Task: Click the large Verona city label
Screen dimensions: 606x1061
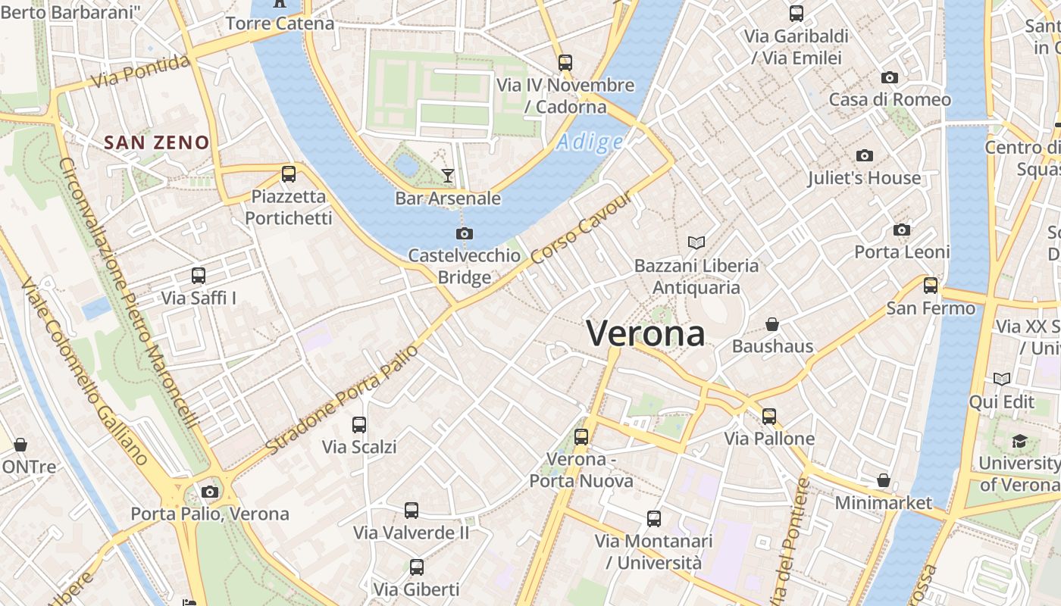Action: pyautogui.click(x=646, y=334)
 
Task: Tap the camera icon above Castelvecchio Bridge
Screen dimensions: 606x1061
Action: pyautogui.click(x=465, y=233)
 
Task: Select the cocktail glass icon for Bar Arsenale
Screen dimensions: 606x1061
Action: pyautogui.click(x=448, y=176)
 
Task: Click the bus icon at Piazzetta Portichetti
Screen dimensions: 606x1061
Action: pyautogui.click(x=289, y=174)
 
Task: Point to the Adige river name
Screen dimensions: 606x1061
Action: pyautogui.click(x=590, y=142)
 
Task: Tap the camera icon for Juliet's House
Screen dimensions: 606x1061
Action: pyautogui.click(x=864, y=156)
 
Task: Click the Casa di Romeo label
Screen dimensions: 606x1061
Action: pyautogui.click(x=890, y=99)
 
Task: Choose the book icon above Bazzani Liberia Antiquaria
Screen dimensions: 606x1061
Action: pyautogui.click(x=696, y=242)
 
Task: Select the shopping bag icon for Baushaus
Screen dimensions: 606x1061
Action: pyautogui.click(x=772, y=324)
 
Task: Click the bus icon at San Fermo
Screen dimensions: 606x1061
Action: pyautogui.click(x=931, y=286)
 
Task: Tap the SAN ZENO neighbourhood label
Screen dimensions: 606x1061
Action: pyautogui.click(x=156, y=142)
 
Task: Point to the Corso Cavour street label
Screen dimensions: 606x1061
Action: pyautogui.click(x=581, y=228)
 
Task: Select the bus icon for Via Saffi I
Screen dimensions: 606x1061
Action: pyautogui.click(x=199, y=276)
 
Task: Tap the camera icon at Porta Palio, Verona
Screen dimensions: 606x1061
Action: pyautogui.click(x=210, y=492)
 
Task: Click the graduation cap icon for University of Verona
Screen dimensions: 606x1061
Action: pyautogui.click(x=1019, y=441)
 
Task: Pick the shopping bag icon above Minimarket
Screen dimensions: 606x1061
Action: pyautogui.click(x=883, y=480)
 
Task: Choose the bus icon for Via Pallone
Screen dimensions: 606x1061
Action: pyautogui.click(x=769, y=416)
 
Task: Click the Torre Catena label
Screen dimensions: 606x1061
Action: pyautogui.click(x=280, y=23)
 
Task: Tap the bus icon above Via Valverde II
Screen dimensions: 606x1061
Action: pyautogui.click(x=412, y=511)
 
